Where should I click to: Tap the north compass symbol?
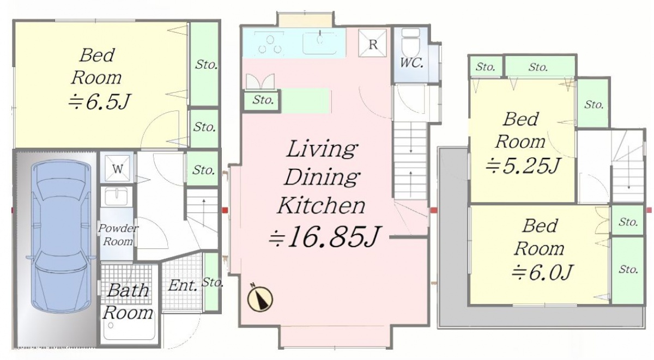(260, 298)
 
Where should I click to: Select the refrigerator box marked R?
(372, 43)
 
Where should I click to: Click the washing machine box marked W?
(117, 169)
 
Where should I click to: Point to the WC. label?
(411, 63)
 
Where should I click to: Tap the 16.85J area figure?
(324, 236)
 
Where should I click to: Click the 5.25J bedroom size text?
(523, 166)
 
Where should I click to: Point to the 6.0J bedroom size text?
(542, 272)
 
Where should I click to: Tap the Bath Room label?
(128, 301)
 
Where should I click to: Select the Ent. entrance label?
(183, 285)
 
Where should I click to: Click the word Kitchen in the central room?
(321, 205)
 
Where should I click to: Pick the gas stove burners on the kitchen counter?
(269, 44)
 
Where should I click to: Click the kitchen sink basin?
(320, 44)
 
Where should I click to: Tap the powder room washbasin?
(117, 196)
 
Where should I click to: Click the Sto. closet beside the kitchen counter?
(263, 100)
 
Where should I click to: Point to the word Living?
(321, 149)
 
